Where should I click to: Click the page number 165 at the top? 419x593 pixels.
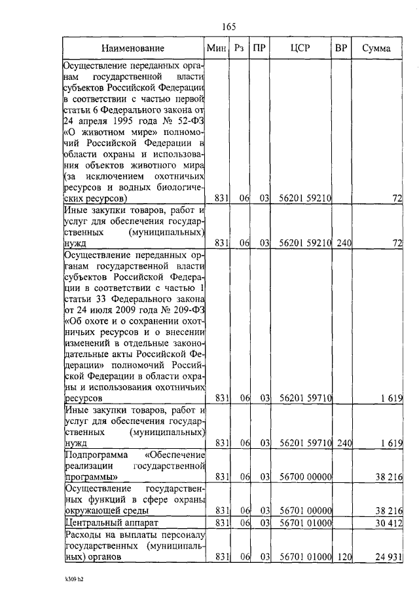228,26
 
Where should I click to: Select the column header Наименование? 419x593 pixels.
133,48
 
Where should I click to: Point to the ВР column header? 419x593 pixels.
340,48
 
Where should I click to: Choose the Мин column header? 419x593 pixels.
215,48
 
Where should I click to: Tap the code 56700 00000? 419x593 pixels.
305,476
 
